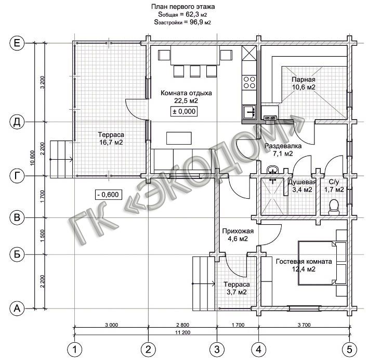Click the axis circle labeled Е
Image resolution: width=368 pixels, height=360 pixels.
[x=17, y=43]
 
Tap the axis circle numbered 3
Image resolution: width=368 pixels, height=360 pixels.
[x=217, y=350]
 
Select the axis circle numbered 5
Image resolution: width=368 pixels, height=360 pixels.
[x=349, y=350]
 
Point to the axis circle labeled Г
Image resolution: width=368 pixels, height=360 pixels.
[x=17, y=176]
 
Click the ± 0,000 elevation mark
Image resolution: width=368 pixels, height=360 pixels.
[x=184, y=111]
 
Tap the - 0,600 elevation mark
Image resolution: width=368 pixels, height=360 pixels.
[x=109, y=195]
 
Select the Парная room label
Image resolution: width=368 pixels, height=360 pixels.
[x=304, y=80]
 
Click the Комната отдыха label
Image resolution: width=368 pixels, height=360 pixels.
[x=186, y=93]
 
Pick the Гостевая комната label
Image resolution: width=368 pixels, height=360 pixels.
[x=304, y=261]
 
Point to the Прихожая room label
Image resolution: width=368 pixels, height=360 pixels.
[x=238, y=231]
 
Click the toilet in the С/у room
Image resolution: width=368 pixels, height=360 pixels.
[x=334, y=207]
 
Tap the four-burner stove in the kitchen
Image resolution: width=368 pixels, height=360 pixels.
[x=249, y=82]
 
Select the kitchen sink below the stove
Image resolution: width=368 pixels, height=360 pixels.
[x=249, y=112]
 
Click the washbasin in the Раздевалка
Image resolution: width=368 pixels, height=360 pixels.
[x=272, y=170]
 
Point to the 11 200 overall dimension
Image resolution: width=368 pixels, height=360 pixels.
[x=182, y=332]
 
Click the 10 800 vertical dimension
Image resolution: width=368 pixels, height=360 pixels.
[x=32, y=158]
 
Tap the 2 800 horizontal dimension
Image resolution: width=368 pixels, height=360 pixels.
[x=182, y=325]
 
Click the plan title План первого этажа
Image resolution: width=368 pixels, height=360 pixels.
[x=183, y=7]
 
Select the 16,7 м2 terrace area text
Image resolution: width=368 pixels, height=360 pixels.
[x=111, y=143]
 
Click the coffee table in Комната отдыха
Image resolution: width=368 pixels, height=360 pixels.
[x=179, y=138]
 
